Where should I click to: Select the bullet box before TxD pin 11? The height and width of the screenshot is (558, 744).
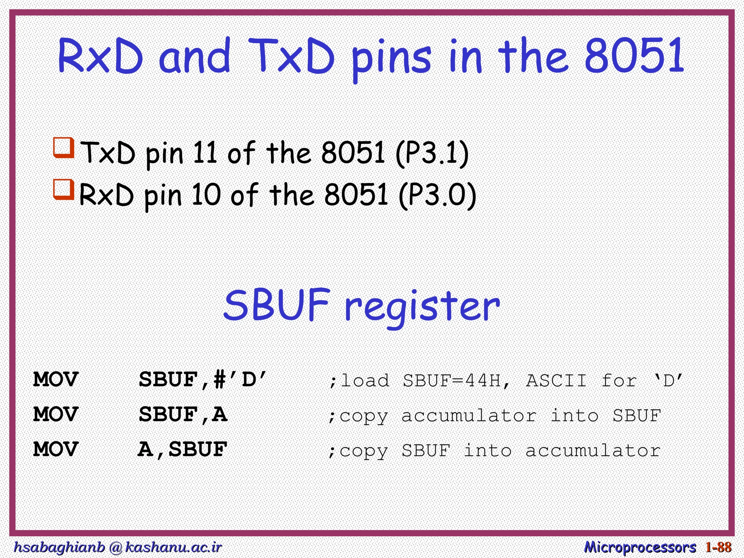(64, 147)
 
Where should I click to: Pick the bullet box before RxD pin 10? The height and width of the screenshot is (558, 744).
(64, 189)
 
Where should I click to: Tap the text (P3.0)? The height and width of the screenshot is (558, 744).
(437, 195)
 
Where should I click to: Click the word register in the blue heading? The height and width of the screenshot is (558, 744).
(422, 307)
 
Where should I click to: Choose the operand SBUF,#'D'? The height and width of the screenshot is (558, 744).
(203, 380)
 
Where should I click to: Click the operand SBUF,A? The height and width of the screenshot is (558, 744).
(183, 415)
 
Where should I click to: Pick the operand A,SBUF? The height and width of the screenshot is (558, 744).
(183, 449)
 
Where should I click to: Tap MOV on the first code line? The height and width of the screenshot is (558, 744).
(56, 380)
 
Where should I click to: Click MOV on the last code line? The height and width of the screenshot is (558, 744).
(56, 449)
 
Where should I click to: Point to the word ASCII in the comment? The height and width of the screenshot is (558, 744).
(556, 381)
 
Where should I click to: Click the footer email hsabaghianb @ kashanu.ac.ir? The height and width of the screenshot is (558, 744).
(117, 547)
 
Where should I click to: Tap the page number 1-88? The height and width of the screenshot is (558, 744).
(719, 547)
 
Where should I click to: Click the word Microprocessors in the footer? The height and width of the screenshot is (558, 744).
(640, 547)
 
